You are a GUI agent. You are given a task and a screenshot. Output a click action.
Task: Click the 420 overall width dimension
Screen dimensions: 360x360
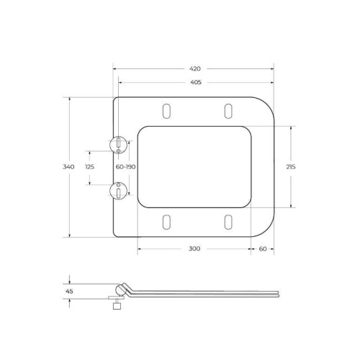(194, 68)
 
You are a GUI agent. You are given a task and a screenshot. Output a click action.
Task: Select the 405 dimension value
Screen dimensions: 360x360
(194, 82)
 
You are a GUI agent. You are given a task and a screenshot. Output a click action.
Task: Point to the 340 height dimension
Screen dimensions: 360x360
(68, 166)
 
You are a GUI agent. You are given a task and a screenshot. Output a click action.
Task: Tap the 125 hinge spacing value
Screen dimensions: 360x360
(90, 166)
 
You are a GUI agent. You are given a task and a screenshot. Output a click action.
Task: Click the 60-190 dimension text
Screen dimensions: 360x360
(126, 166)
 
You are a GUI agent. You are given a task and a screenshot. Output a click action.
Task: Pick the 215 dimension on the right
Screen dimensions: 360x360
(291, 166)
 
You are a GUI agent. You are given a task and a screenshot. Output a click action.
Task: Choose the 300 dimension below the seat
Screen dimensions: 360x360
(194, 248)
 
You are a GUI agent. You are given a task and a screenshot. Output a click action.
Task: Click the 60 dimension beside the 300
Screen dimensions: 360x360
(263, 248)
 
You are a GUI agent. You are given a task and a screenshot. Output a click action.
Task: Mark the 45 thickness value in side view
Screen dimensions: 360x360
(69, 292)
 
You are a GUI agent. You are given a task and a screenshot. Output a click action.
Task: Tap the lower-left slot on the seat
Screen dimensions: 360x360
(168, 222)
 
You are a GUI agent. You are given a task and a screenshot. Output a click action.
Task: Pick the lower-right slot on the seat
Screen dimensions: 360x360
(228, 222)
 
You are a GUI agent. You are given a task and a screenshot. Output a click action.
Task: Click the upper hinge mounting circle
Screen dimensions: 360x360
(118, 143)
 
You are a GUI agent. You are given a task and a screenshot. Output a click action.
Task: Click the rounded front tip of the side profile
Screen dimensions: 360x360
(276, 293)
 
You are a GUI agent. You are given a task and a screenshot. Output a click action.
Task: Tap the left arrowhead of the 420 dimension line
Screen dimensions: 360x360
(116, 68)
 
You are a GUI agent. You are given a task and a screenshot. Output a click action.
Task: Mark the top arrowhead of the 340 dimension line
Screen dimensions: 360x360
(69, 99)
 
